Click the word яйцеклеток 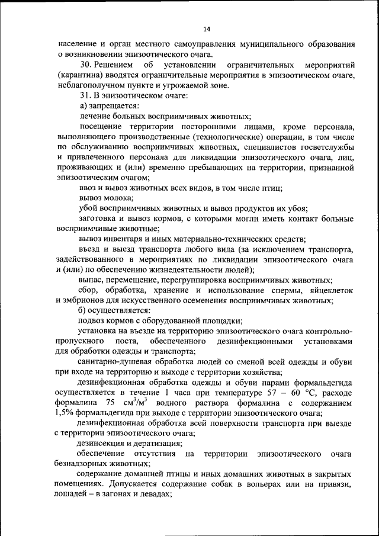(x=329, y=290)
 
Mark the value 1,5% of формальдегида (x=69, y=413)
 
